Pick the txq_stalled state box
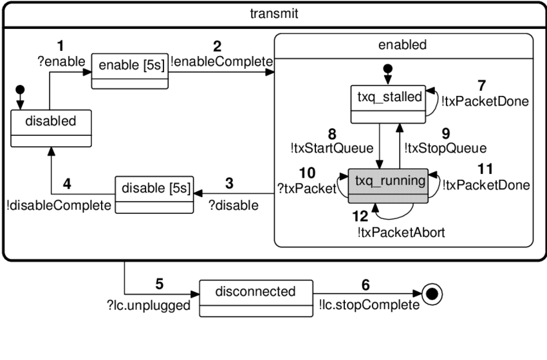pyautogui.click(x=389, y=104)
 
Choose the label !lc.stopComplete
pyautogui.click(x=368, y=305)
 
